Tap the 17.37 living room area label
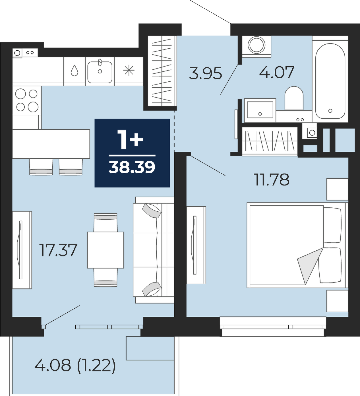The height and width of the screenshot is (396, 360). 58,250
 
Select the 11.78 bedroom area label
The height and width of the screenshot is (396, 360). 272,180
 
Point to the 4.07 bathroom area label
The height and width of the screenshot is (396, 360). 277,72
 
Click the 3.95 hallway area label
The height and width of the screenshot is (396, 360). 206,73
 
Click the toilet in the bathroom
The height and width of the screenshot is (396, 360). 294,98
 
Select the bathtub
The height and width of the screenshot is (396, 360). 330,81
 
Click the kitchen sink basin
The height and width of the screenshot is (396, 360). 100,72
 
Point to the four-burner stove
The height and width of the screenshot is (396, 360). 27,100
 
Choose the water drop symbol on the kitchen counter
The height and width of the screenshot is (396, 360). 75,71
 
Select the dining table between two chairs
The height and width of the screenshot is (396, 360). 105,250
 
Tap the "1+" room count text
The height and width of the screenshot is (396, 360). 130,140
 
